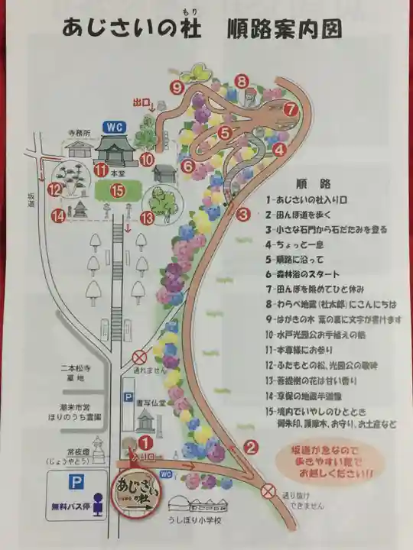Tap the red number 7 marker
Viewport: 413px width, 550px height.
click(x=290, y=109)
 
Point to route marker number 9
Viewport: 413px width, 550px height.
click(x=178, y=88)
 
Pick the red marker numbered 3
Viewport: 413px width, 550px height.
click(x=243, y=215)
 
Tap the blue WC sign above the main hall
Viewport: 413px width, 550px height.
click(x=115, y=127)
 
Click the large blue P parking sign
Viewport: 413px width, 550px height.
click(x=76, y=484)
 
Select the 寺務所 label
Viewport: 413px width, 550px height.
click(x=77, y=132)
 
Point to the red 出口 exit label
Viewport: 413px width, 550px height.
click(x=141, y=102)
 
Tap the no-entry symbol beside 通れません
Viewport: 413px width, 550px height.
click(x=139, y=357)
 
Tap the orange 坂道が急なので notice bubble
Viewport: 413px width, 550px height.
click(x=324, y=463)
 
